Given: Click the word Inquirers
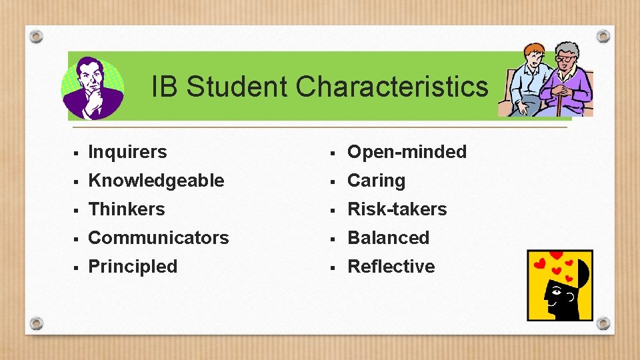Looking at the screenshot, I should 127,152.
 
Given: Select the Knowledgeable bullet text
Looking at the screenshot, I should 156,181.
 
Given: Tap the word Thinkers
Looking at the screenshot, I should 126,209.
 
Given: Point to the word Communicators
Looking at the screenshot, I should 158,238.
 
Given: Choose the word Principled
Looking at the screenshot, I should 133,267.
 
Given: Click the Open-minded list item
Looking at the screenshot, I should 407,152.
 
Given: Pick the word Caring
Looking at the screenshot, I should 376,181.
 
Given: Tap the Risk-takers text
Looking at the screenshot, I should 397,209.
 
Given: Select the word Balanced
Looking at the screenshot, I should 388,238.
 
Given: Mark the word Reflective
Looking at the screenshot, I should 391,267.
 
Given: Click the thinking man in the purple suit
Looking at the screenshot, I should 92,87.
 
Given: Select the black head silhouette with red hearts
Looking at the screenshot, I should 560,287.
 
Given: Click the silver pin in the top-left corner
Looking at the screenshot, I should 37,36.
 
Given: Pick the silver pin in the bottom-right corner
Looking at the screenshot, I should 603,323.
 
